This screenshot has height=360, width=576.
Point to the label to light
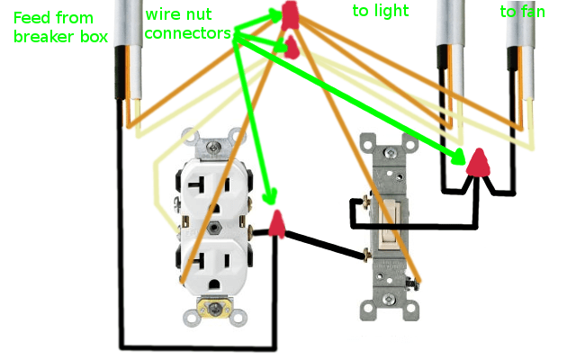click(x=380, y=11)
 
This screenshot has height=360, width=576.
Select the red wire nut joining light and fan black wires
click(x=479, y=162)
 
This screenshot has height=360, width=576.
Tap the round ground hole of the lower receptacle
click(x=214, y=286)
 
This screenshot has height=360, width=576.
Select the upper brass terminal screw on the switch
click(x=367, y=202)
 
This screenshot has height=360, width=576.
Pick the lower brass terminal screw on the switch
click(x=367, y=256)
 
